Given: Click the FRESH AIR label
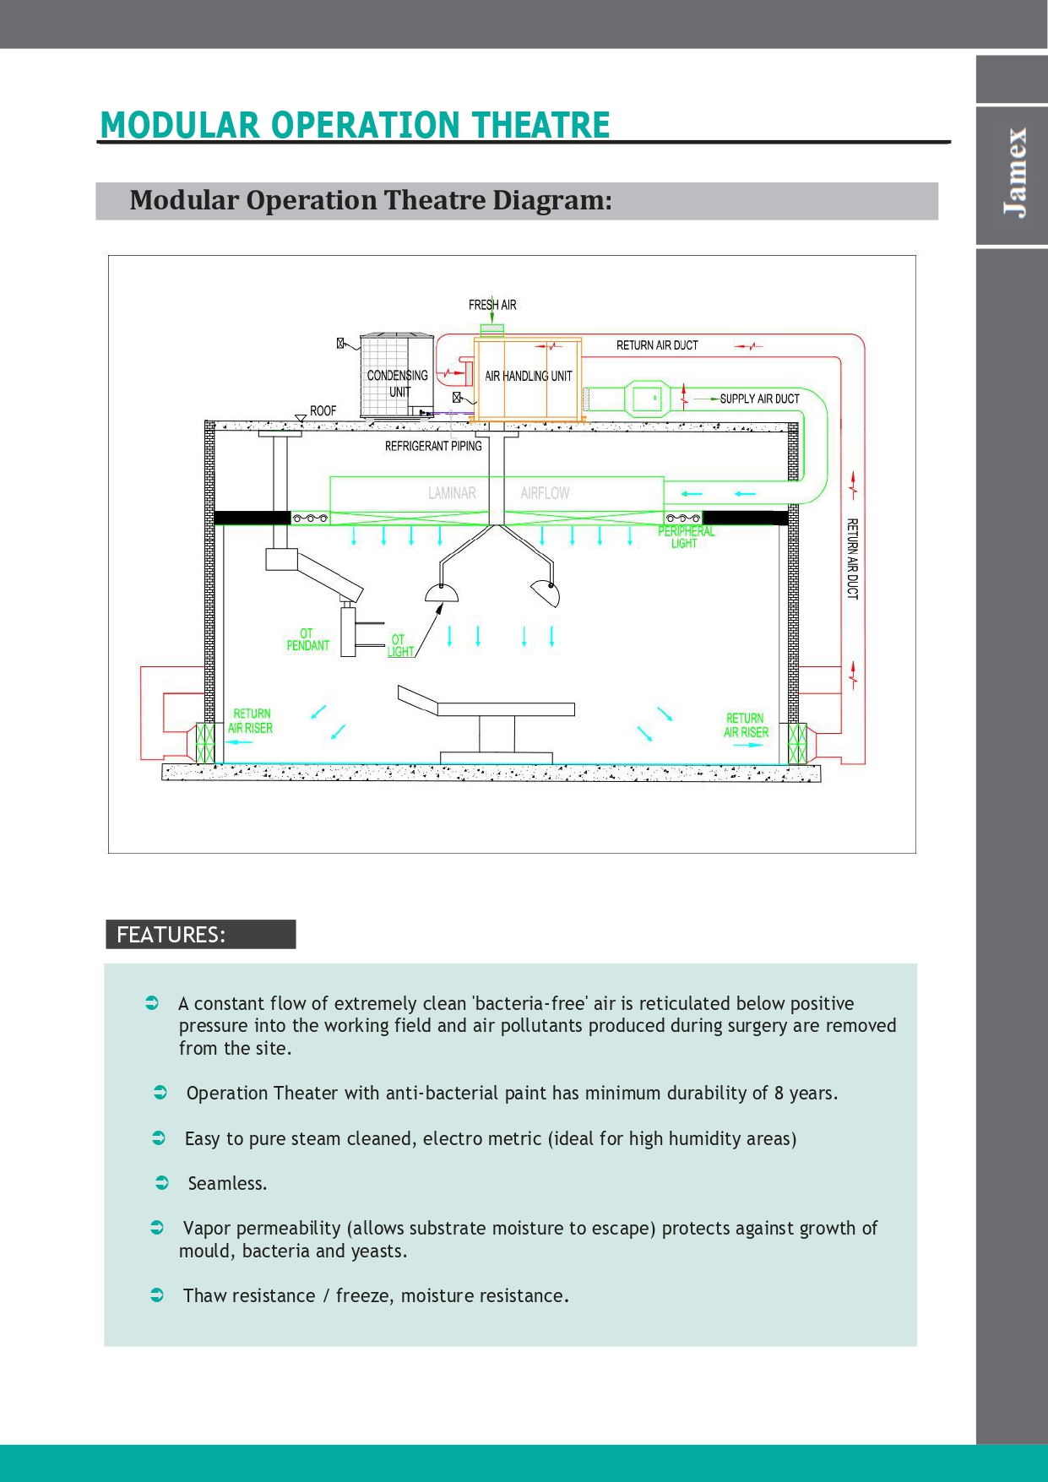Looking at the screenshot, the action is pyautogui.click(x=492, y=305).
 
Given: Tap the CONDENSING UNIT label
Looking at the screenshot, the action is pyautogui.click(x=398, y=383).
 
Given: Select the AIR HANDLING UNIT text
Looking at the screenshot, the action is pyautogui.click(x=529, y=376).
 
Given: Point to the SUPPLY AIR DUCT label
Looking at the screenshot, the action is pyautogui.click(x=759, y=399).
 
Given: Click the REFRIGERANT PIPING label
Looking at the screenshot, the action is pyautogui.click(x=433, y=446).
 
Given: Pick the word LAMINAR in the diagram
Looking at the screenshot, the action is pyautogui.click(x=452, y=493).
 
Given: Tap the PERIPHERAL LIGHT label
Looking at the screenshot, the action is pyautogui.click(x=686, y=537).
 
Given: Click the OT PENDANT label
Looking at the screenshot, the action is pyautogui.click(x=307, y=639).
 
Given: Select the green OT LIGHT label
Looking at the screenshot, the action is pyautogui.click(x=400, y=646).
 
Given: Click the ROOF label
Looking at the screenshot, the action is pyautogui.click(x=323, y=411).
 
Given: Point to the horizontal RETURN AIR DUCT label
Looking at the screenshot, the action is pyautogui.click(x=657, y=345).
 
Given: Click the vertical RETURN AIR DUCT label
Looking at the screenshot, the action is pyautogui.click(x=852, y=559).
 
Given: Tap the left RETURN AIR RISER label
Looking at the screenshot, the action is pyautogui.click(x=251, y=721).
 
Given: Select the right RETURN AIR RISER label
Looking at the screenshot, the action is pyautogui.click(x=746, y=725).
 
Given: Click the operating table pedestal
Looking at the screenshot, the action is pyautogui.click(x=497, y=734).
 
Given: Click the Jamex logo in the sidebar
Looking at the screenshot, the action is pyautogui.click(x=1015, y=173).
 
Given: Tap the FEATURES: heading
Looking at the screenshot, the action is pyautogui.click(x=171, y=935).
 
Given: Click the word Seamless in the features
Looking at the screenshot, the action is pyautogui.click(x=225, y=1183).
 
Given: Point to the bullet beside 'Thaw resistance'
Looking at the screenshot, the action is pyautogui.click(x=157, y=1295).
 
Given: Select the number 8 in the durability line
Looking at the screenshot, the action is pyautogui.click(x=779, y=1093).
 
